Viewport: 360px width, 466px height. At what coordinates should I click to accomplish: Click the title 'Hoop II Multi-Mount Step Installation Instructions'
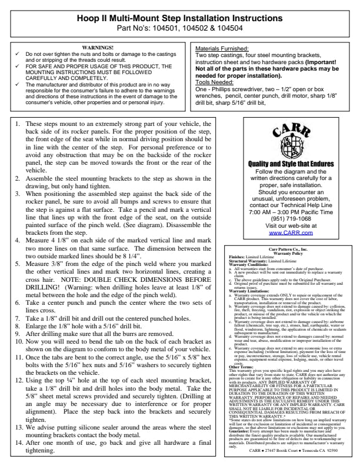(x=180, y=18)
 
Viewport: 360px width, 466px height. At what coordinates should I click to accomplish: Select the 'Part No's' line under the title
(x=180, y=28)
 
